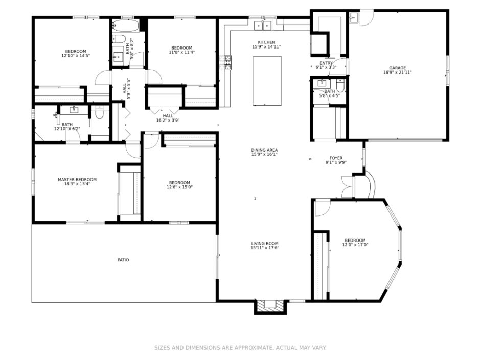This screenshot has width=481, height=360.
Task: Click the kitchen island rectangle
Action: pyautogui.click(x=267, y=81)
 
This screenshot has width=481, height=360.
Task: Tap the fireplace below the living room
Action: pyautogui.click(x=270, y=306)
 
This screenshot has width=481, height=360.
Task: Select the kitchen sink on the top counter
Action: pyautogui.click(x=263, y=25)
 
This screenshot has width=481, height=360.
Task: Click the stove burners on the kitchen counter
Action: pyautogui.click(x=227, y=62)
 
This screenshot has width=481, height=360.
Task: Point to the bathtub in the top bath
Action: pyautogui.click(x=125, y=26)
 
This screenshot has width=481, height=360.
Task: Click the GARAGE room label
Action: pyautogui.click(x=397, y=68)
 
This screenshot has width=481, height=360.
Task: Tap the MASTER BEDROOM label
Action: pyautogui.click(x=77, y=180)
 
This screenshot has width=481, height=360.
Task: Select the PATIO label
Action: pyautogui.click(x=123, y=260)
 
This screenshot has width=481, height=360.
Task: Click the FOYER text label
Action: pyautogui.click(x=336, y=158)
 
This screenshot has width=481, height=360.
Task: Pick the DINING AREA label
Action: pyautogui.click(x=264, y=150)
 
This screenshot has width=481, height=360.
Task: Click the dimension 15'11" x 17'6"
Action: pyautogui.click(x=265, y=248)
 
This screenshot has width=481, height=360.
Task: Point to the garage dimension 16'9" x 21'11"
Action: pyautogui.click(x=397, y=73)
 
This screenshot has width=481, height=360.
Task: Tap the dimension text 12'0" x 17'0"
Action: pyautogui.click(x=355, y=245)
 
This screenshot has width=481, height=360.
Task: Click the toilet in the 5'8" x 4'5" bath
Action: pyautogui.click(x=340, y=85)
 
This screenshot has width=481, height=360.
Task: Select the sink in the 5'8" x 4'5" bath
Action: pyautogui.click(x=322, y=83)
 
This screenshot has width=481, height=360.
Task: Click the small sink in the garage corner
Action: pyautogui.click(x=354, y=17)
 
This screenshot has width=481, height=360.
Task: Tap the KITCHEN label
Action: pyautogui.click(x=266, y=42)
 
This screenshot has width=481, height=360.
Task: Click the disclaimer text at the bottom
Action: pyautogui.click(x=240, y=348)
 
